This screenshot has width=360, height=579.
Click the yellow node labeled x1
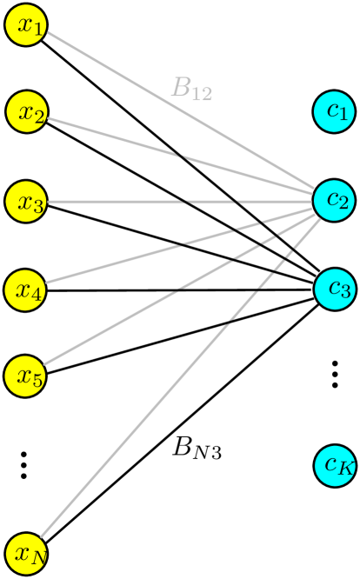pos(26,26)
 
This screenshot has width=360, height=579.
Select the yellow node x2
pos(26,112)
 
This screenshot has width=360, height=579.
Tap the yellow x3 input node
pos(26,202)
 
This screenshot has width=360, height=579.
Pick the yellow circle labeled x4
pos(26,289)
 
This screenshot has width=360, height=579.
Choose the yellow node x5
pos(26,376)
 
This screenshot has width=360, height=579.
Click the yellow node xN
pos(26,553)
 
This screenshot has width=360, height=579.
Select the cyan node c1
pos(335,111)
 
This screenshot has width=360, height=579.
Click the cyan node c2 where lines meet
pos(335,200)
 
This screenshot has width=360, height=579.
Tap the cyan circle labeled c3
pos(335,289)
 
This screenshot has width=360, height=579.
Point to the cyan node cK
pos(335,465)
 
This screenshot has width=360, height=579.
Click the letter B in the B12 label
pos(181,88)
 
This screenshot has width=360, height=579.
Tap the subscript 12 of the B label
pos(202,94)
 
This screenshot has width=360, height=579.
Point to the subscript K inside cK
pos(345,469)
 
